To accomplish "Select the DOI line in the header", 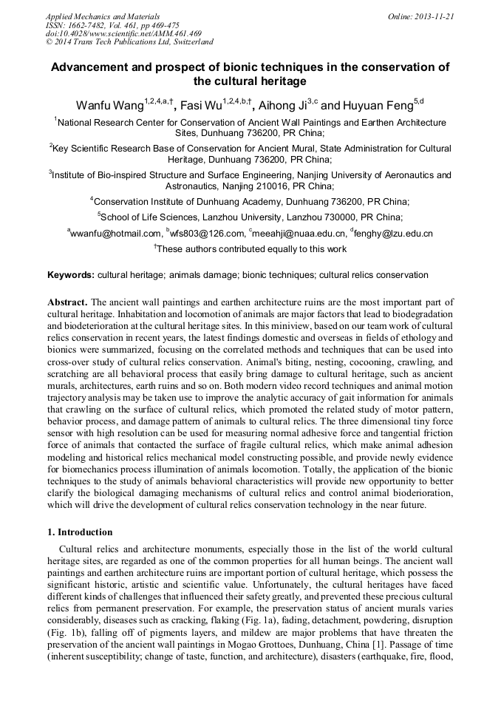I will tap(123, 33).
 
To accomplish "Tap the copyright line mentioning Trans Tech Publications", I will tap(129, 42).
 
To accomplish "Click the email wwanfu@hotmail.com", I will tap(116, 234).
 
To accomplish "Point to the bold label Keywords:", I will tap(71, 275).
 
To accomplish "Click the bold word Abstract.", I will tap(67, 303).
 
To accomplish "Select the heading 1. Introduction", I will tap(80, 532).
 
